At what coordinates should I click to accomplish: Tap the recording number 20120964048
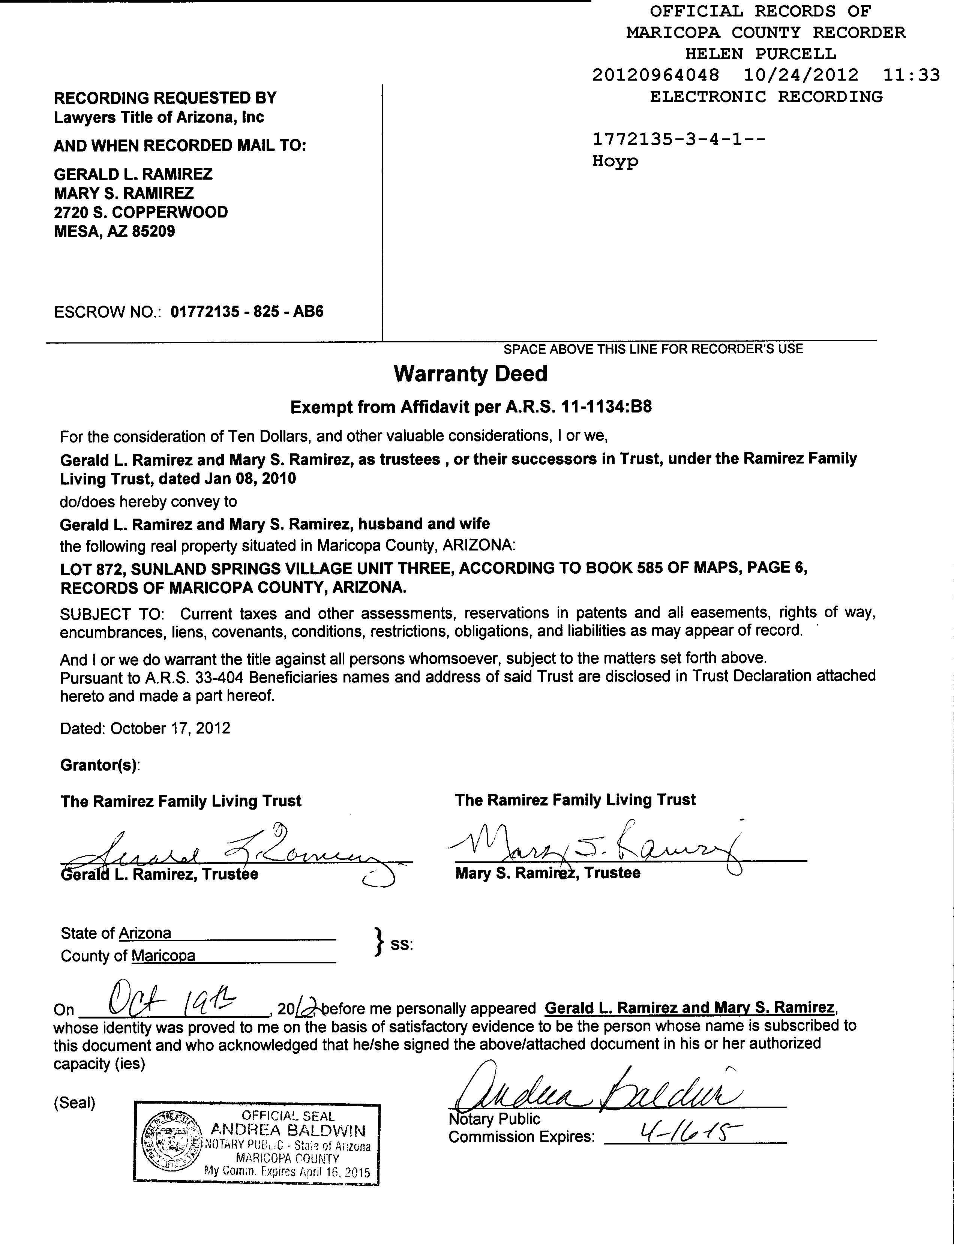click(x=655, y=75)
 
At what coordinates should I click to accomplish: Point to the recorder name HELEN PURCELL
click(x=760, y=54)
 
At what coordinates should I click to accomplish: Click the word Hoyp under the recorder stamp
click(x=615, y=161)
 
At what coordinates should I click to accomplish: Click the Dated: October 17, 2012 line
click(x=145, y=729)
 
